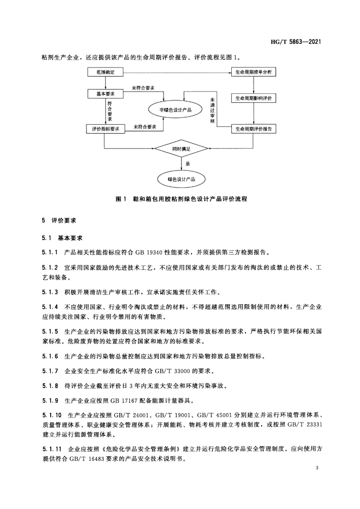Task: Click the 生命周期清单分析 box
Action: (x=254, y=73)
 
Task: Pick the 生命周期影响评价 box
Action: (x=254, y=98)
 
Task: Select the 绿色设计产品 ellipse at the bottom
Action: (x=181, y=178)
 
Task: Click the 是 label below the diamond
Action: (x=187, y=163)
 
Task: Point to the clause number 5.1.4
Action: (x=50, y=306)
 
